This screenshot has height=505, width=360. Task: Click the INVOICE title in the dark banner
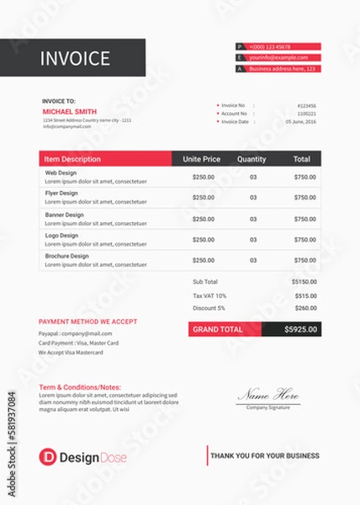pyautogui.click(x=76, y=58)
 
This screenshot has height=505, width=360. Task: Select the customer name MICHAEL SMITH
pyautogui.click(x=69, y=110)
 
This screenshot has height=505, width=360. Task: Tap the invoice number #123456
pyautogui.click(x=307, y=105)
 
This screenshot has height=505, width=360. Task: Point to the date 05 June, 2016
pyautogui.click(x=301, y=121)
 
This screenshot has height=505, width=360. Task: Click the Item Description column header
pyautogui.click(x=72, y=159)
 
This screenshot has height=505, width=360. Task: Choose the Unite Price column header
pyautogui.click(x=202, y=159)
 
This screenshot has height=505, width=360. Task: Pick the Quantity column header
pyautogui.click(x=251, y=159)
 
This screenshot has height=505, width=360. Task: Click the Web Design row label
pyautogui.click(x=61, y=173)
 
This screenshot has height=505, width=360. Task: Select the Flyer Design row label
pyautogui.click(x=61, y=194)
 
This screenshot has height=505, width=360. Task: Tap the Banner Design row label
pyautogui.click(x=65, y=215)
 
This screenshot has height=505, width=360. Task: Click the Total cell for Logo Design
pyautogui.click(x=305, y=240)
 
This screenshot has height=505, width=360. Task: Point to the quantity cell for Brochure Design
pyautogui.click(x=253, y=261)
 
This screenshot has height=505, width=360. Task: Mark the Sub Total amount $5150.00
pyautogui.click(x=304, y=282)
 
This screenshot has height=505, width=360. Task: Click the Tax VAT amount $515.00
pyautogui.click(x=305, y=295)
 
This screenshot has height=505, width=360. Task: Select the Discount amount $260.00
pyautogui.click(x=305, y=308)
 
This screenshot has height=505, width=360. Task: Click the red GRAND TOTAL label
pyautogui.click(x=219, y=330)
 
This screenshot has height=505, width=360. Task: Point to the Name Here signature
pyautogui.click(x=267, y=394)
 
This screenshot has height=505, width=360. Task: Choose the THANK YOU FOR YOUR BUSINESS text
pyautogui.click(x=265, y=456)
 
